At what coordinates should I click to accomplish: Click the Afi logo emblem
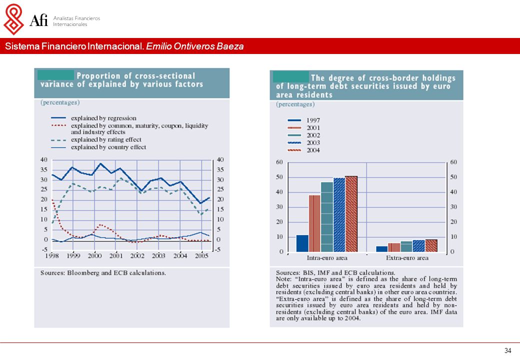tap(13, 19)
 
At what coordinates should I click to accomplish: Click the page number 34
tap(507, 350)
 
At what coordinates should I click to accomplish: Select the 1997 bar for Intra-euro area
tap(302, 243)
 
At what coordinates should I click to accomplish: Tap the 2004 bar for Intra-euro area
tap(351, 214)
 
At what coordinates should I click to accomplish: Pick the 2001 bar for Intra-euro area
tap(314, 223)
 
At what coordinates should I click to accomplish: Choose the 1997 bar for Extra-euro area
tap(381, 249)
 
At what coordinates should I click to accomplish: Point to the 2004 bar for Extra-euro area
tap(431, 245)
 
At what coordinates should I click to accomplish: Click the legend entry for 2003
tap(304, 143)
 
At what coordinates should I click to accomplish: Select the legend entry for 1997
tap(304, 120)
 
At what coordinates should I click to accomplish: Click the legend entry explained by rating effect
tap(96, 140)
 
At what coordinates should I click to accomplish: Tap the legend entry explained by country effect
tap(98, 147)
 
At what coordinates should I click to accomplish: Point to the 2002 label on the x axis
tap(137, 256)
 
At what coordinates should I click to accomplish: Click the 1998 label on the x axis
tap(52, 256)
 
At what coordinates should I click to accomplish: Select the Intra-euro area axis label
tap(327, 258)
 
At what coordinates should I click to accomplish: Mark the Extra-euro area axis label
tap(407, 258)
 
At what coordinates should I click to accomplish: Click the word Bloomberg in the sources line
tap(83, 273)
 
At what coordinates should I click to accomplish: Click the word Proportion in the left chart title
tap(98, 76)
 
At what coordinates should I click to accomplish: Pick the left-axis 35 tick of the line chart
tap(44, 169)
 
